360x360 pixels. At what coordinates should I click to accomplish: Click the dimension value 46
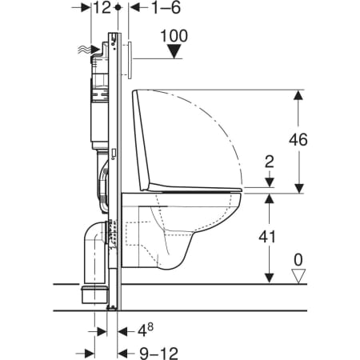tap(298, 139)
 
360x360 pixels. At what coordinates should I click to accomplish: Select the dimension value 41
tap(267, 237)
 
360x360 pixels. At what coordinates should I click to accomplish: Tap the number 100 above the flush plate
tap(174, 36)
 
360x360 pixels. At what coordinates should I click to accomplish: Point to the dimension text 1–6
tap(166, 7)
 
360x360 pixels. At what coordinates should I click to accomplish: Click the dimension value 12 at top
tap(102, 7)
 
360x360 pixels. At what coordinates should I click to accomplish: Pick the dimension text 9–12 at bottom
tap(159, 354)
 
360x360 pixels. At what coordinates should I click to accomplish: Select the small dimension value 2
tap(270, 162)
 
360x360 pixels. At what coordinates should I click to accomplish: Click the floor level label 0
tap(298, 260)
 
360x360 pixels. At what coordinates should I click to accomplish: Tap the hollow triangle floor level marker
tap(298, 276)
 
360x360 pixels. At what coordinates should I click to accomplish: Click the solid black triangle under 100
tap(174, 51)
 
